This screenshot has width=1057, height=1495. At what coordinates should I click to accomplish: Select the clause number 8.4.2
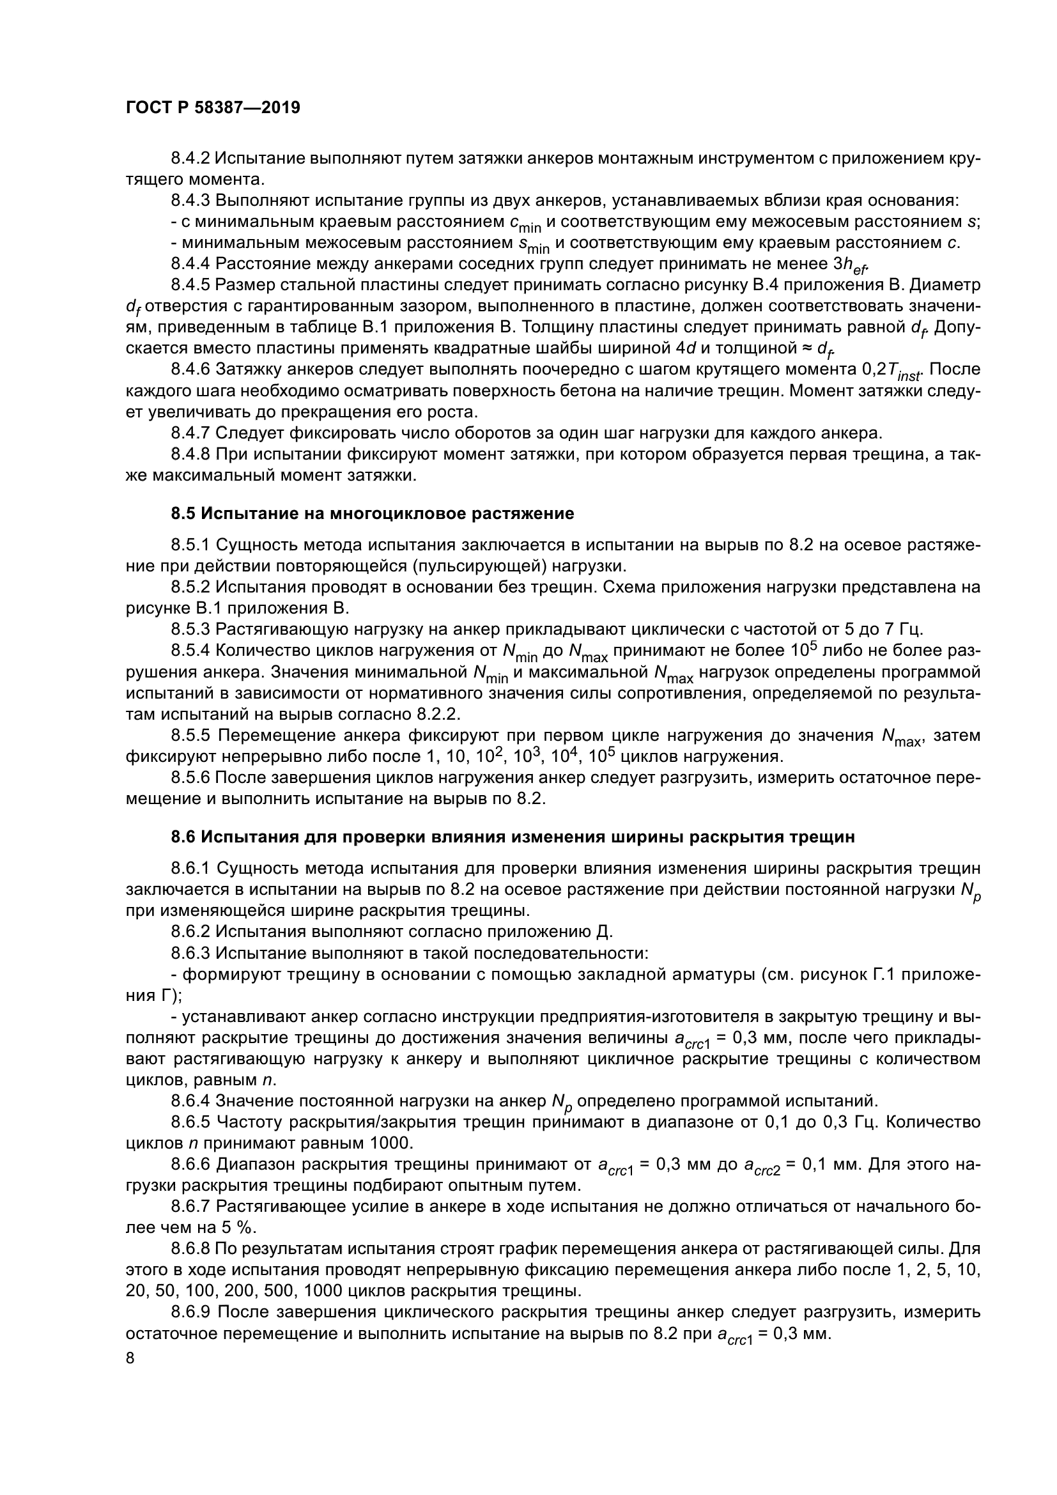190,159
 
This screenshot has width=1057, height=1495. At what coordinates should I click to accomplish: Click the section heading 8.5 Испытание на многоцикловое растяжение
373,514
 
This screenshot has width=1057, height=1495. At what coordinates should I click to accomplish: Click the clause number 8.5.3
190,629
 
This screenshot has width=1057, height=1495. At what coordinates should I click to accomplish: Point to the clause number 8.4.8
190,454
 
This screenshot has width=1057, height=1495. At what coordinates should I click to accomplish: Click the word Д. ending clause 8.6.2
604,932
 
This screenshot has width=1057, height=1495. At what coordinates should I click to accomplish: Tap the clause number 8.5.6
190,777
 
